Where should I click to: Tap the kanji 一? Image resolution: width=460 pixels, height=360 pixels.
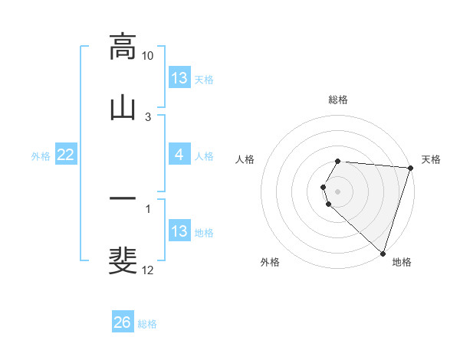pyautogui.click(x=123, y=198)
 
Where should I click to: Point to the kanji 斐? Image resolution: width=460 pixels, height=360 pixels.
pyautogui.click(x=123, y=259)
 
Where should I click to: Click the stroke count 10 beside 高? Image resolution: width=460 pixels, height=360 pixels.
pyautogui.click(x=147, y=56)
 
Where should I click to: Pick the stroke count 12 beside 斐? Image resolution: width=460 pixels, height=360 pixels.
pyautogui.click(x=147, y=270)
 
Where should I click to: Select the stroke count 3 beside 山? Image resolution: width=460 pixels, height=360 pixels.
pyautogui.click(x=148, y=116)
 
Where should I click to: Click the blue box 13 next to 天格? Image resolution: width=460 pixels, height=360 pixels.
pyautogui.click(x=179, y=78)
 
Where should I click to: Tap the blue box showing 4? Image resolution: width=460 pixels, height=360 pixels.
pyautogui.click(x=179, y=155)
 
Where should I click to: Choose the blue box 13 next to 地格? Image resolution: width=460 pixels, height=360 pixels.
pyautogui.click(x=179, y=231)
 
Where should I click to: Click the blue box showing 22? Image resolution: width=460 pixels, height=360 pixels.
pyautogui.click(x=66, y=155)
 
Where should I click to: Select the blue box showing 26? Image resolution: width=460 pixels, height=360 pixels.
pyautogui.click(x=123, y=322)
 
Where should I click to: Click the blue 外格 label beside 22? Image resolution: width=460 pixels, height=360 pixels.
pyautogui.click(x=41, y=155)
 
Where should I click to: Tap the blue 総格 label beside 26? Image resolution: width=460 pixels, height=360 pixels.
pyautogui.click(x=147, y=324)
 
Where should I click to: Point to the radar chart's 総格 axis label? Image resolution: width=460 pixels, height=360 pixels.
pyautogui.click(x=338, y=100)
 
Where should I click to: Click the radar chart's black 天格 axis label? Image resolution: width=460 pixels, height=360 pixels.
pyautogui.click(x=431, y=159)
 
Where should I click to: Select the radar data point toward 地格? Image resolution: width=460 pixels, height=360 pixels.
pyautogui.click(x=383, y=253)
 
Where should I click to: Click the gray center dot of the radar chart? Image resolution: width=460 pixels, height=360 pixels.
pyautogui.click(x=338, y=191)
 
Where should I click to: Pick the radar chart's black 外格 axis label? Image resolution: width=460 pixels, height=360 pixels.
pyautogui.click(x=270, y=262)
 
